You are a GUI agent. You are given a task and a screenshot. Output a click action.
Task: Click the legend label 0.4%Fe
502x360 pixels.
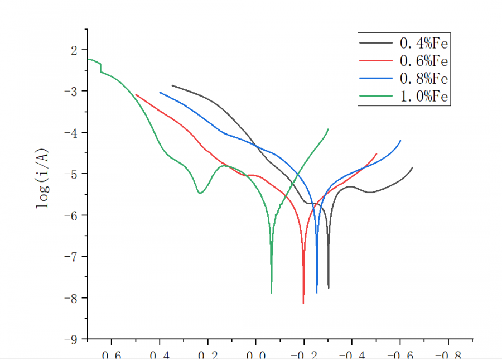(x=424, y=42)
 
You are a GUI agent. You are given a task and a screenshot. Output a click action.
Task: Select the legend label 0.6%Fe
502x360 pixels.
(x=424, y=60)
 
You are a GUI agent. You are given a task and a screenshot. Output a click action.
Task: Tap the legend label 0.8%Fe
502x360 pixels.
(x=424, y=78)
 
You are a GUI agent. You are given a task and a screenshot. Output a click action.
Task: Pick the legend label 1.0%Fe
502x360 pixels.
(x=424, y=97)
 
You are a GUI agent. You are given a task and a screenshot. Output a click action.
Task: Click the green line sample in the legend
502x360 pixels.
(x=376, y=97)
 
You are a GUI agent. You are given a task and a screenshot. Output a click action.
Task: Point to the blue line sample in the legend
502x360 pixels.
(x=376, y=78)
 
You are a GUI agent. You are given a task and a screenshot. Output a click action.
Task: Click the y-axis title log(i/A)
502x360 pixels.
(x=42, y=178)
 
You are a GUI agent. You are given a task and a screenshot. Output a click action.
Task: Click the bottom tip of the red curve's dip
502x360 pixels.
(x=303, y=303)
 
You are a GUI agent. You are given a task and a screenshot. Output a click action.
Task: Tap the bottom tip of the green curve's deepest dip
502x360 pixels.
(x=271, y=292)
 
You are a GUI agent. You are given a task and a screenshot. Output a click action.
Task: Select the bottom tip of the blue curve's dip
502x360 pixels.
(x=317, y=292)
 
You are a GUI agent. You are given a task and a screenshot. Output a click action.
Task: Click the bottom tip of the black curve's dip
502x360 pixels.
(x=329, y=288)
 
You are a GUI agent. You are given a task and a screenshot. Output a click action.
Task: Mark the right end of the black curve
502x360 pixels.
(x=412, y=167)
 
